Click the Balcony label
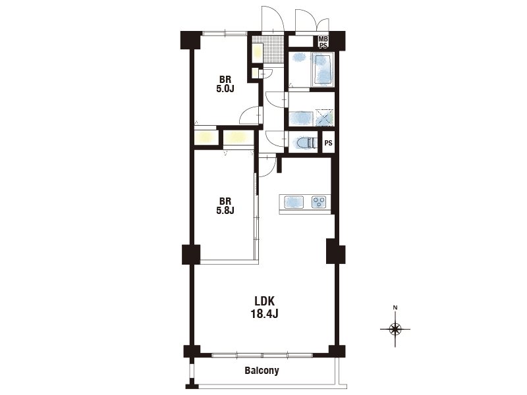coord(262,371)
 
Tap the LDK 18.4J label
coord(265,307)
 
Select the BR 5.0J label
coord(225,84)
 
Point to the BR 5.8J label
coord(225,206)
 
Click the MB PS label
coord(323,42)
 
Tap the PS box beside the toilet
coord(328,143)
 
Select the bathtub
coord(323,70)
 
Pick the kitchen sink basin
coord(294,202)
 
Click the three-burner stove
coord(319,202)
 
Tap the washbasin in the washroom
coord(302,118)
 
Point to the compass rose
coord(395,329)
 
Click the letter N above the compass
coord(395,307)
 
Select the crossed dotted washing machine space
coord(325,118)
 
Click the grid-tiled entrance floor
coord(273,49)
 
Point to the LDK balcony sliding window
coord(262,355)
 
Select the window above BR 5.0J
coord(225,34)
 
